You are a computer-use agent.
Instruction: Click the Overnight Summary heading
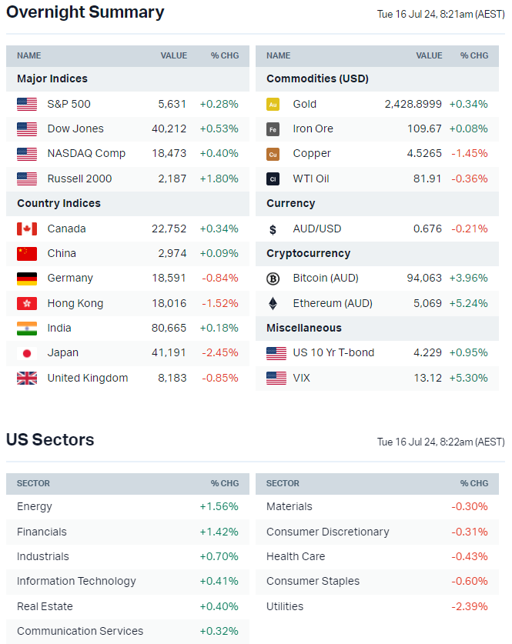click(85, 12)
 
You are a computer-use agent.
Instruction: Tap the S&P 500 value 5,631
click(172, 104)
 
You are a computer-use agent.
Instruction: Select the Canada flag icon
click(27, 229)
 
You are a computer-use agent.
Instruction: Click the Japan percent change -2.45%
click(219, 353)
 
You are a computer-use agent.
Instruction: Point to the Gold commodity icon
click(273, 104)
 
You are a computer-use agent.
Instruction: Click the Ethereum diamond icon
click(273, 303)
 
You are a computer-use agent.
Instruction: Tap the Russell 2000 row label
click(79, 179)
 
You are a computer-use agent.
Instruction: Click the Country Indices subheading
click(59, 204)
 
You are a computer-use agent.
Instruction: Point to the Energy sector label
click(35, 506)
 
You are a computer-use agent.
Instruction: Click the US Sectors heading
click(50, 440)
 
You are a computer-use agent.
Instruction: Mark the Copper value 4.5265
click(424, 154)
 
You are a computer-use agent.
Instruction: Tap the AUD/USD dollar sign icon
click(273, 229)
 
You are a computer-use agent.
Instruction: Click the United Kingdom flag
click(27, 378)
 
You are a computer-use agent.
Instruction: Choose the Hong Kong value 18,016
click(169, 303)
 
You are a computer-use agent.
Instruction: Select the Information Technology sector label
click(76, 582)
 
